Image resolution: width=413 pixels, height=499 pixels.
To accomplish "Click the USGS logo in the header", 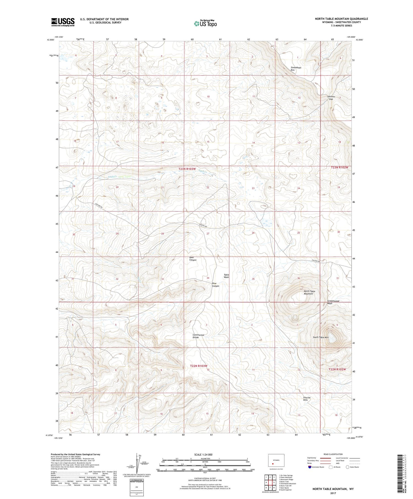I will coord(63,22).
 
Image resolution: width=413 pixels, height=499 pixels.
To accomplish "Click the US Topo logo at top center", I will coord(205,23).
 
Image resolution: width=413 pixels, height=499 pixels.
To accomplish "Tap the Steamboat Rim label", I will coord(296,69).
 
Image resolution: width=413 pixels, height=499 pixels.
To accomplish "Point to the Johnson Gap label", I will coord(331,98).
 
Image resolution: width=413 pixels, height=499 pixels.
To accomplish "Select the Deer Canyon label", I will coord(193,259).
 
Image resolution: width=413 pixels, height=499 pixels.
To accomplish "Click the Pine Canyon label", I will coord(216,285).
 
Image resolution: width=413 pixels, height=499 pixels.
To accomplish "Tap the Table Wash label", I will coord(226,276).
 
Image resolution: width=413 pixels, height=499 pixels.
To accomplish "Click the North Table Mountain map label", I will coord(308,292).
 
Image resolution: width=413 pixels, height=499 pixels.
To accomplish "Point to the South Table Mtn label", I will coord(320,337).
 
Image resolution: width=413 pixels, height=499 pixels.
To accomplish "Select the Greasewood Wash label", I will coord(333,302).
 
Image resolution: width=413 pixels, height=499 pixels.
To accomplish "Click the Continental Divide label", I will coord(198,336).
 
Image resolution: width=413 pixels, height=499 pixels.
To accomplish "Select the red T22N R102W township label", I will coord(337,369).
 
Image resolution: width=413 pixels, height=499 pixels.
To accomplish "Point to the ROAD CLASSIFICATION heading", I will coord(333,454).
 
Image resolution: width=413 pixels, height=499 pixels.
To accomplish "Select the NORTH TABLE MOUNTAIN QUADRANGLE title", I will coord(341,19).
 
